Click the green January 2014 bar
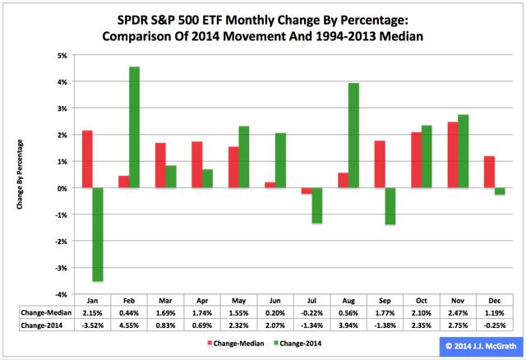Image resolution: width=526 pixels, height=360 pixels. pos(98,234)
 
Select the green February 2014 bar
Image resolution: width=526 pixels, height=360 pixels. pos(134,127)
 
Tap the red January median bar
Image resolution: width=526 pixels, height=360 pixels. pos(87,159)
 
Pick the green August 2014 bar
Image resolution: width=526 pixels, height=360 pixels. pos(353,136)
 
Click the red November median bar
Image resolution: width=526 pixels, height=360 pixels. pos(453,155)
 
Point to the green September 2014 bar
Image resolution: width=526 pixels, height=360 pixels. pos(390,206)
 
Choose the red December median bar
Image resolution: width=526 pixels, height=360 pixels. pos(490,172)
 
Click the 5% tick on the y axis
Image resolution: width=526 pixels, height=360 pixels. pos(62,56)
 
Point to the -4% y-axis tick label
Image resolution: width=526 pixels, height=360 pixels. pos(62,294)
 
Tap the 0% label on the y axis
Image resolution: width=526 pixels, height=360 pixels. pos(62,188)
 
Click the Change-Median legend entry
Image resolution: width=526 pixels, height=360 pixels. pos(236,344)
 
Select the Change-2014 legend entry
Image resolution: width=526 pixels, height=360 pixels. pos(298,344)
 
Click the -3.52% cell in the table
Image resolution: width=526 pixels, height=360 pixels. pos(93,325)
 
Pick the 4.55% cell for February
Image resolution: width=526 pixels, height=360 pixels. pos(129,325)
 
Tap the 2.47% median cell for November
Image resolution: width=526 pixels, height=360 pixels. pos(458,313)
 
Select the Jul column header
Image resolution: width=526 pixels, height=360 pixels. pos(311,301)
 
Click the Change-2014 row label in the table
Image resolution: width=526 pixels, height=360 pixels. pos(42,325)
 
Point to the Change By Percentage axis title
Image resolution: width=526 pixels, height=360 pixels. pos(20,174)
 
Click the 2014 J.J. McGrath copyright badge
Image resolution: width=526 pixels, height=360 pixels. pos(481,346)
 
